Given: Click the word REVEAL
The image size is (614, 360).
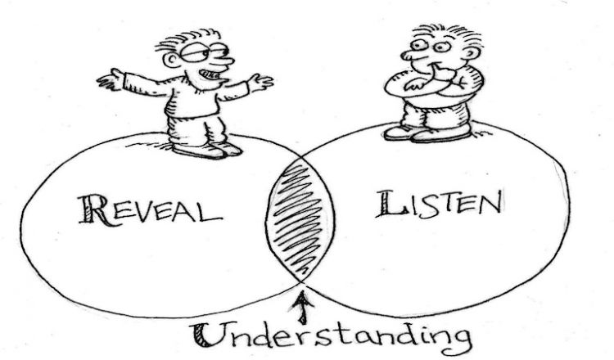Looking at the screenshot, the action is click(150, 210).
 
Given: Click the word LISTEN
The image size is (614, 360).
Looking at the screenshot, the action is click(439, 204).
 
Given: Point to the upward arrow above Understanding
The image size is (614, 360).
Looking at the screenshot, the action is click(302, 308).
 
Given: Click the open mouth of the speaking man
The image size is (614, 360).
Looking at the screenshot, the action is click(209, 74).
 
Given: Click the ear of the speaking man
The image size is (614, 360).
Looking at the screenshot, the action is click(171, 60).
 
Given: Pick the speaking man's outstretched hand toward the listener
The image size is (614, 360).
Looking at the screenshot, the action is click(260, 82).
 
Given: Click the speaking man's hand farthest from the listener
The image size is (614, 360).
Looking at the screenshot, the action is click(111, 80).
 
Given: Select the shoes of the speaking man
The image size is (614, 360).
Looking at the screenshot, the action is click(206, 150).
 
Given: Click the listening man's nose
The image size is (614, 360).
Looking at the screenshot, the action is click(409, 55).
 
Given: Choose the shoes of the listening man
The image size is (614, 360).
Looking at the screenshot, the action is click(427, 133).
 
